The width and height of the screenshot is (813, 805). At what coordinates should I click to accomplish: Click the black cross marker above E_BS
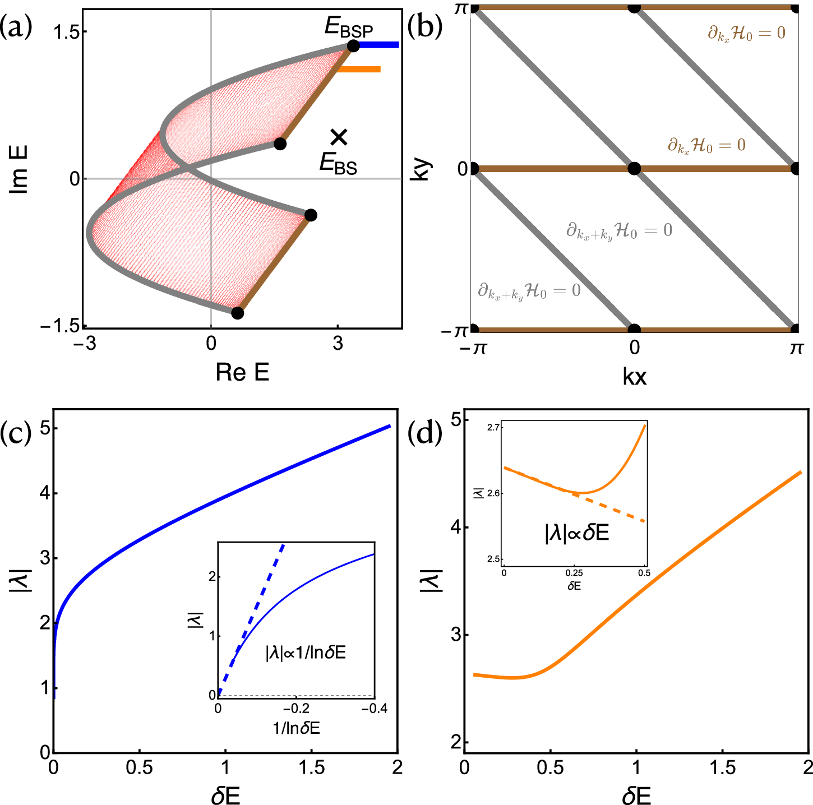[x=339, y=136]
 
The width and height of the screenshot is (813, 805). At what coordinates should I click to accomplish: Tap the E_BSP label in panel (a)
[x=349, y=27]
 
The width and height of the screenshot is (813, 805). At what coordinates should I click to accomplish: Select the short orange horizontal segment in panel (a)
[x=359, y=70]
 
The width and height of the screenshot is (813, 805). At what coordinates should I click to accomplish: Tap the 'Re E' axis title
[x=242, y=372]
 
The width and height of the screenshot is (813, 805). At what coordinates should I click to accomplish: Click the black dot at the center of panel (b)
[x=634, y=168]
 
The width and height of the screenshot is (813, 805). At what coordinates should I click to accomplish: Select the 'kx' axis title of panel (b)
[x=634, y=377]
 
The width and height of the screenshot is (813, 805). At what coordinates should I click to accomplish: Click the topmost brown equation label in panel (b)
[x=746, y=33]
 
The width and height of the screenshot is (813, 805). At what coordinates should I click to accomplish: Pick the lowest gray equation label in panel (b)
[x=529, y=291]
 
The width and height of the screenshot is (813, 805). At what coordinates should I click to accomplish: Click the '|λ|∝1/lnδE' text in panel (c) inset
[x=306, y=653]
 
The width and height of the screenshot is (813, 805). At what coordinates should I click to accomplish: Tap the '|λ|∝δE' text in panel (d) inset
[x=576, y=533]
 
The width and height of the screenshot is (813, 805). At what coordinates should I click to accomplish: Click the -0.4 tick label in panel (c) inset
[x=374, y=709]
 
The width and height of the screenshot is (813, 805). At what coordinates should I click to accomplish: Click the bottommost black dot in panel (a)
[x=238, y=313]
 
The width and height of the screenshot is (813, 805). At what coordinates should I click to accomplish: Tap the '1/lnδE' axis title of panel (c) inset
[x=296, y=728]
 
